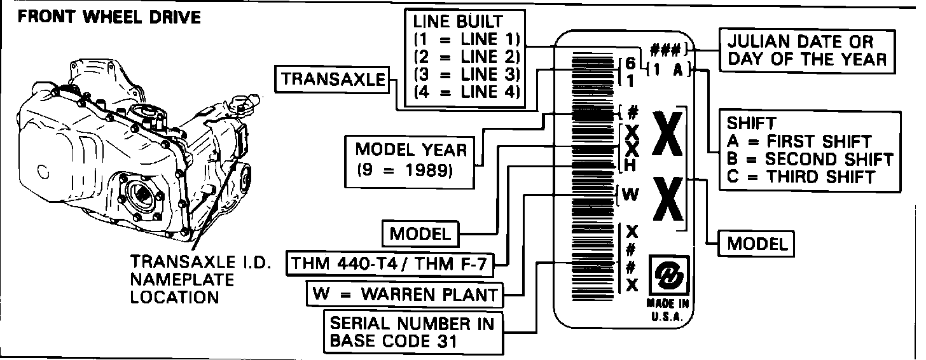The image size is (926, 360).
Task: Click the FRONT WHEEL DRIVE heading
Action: coord(109,17)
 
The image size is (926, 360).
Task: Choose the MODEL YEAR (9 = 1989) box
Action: coord(411,160)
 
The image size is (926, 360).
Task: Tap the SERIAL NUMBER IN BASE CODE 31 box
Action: coord(411,331)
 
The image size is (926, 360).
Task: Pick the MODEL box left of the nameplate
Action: coord(420,233)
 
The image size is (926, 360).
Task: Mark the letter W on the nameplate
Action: coord(630,195)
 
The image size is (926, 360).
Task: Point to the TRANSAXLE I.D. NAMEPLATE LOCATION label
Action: coord(191,280)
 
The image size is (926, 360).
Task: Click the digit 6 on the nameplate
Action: coord(630,64)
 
